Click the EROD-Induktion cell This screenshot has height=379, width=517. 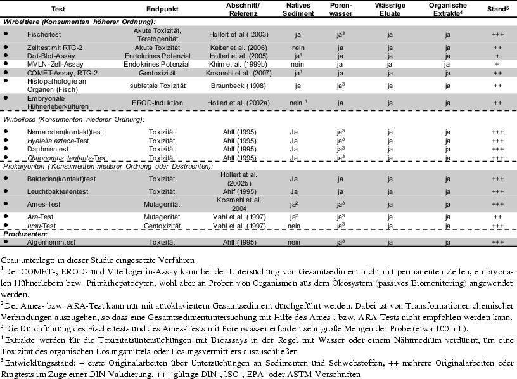click(157, 103)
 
